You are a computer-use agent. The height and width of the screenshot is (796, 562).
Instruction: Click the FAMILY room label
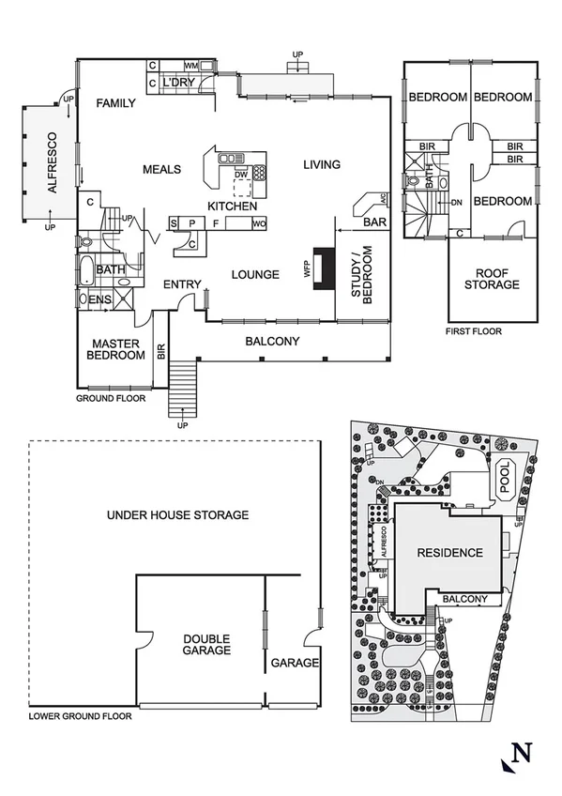117,104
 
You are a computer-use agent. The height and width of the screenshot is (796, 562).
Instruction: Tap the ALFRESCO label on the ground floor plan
53,167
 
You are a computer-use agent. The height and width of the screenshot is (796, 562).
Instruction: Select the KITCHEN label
232,206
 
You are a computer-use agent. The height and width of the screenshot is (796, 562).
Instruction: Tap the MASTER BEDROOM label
115,349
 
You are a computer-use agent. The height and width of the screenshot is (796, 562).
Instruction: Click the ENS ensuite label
98,299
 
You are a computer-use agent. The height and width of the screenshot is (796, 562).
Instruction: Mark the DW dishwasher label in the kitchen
241,174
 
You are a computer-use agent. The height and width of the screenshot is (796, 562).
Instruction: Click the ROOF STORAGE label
494,278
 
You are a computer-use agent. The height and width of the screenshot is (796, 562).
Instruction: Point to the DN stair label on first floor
456,202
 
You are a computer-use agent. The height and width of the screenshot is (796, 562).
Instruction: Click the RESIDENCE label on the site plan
450,553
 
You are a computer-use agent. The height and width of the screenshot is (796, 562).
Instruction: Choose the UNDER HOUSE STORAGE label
177,514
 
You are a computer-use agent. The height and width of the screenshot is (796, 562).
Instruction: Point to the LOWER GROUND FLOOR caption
80,715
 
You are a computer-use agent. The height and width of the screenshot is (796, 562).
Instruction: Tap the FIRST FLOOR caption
474,331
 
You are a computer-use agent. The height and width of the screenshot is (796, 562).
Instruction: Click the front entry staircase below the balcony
182,390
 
